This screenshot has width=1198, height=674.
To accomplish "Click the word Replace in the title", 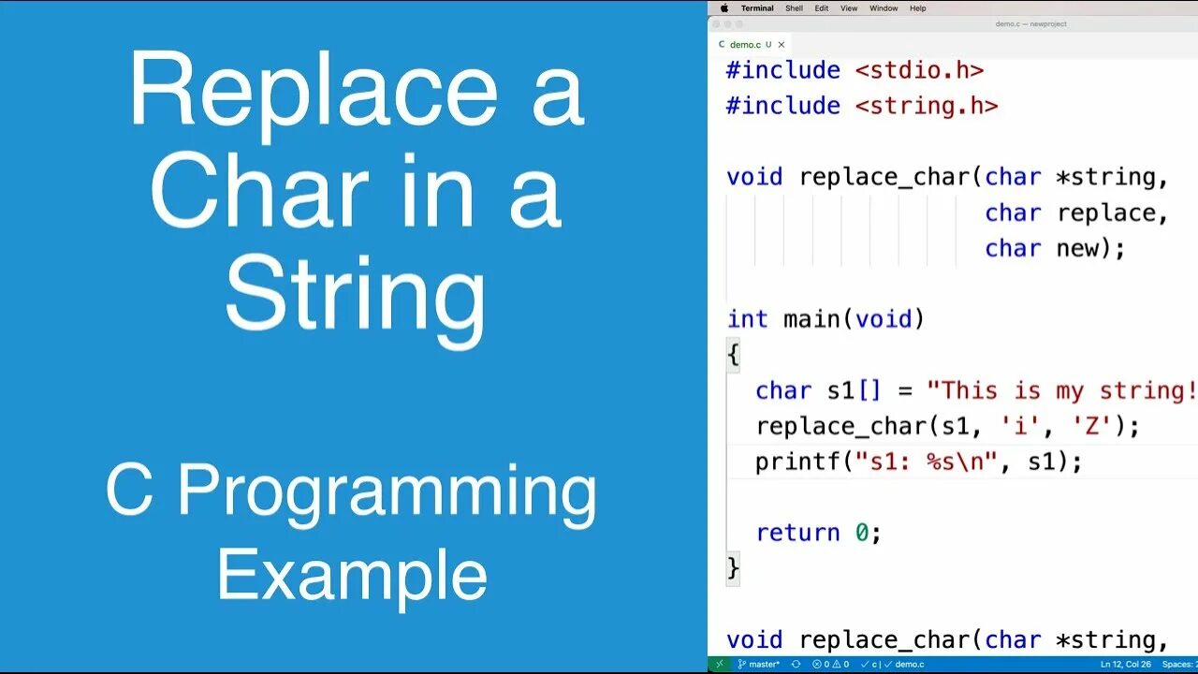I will pos(313,92).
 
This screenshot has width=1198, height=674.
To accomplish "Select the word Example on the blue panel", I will pos(352,576).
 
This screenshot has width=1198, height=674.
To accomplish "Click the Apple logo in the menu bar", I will pos(723,8).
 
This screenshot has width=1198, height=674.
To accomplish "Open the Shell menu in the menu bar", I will pos(794,8).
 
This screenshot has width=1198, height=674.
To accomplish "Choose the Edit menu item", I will pos(821,8).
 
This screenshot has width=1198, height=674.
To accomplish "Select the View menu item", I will pos(849,8).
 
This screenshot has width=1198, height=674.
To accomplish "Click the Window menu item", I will pos(884,8).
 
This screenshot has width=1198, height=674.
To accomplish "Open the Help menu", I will pos(918,8).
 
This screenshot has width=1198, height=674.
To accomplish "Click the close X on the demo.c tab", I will pos(782,44).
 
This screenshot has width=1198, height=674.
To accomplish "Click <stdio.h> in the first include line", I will pos(919,70).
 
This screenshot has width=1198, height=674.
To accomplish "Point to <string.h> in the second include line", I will pos(927,106).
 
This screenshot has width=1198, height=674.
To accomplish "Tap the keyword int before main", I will pos(747,319).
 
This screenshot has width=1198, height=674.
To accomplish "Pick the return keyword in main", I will pos(797,533).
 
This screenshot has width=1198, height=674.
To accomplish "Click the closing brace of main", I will pos(733,568).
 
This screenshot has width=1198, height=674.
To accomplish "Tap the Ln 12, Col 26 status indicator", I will pos(1126,664).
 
